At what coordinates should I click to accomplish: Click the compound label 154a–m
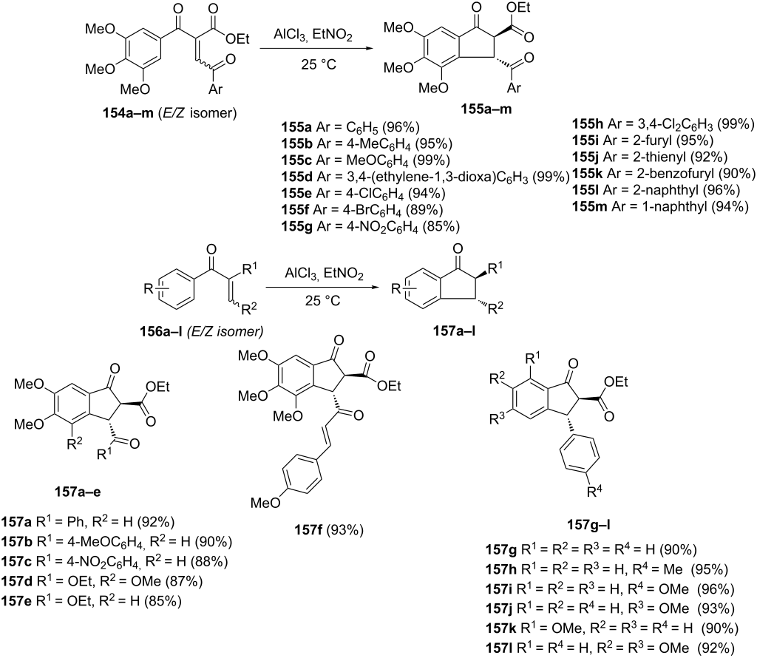[127, 113]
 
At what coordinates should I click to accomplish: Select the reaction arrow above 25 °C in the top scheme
[316, 49]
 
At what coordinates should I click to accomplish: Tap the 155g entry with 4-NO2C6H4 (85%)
[371, 226]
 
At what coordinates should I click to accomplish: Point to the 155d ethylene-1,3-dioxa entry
[425, 177]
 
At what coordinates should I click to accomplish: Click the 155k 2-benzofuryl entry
[664, 173]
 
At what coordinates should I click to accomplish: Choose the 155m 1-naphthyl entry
[660, 206]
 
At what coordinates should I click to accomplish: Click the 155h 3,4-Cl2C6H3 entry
[663, 124]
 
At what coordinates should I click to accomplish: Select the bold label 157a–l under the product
[454, 331]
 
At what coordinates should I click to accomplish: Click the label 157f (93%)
[329, 530]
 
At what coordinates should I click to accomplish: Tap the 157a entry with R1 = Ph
[87, 522]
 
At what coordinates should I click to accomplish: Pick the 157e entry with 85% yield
[91, 601]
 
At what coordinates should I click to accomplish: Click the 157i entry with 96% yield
[610, 589]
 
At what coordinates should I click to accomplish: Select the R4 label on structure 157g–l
[594, 492]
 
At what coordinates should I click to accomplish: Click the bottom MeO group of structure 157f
[265, 503]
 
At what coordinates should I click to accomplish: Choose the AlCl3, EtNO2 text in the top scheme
[313, 35]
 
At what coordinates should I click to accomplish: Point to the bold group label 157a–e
[78, 492]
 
